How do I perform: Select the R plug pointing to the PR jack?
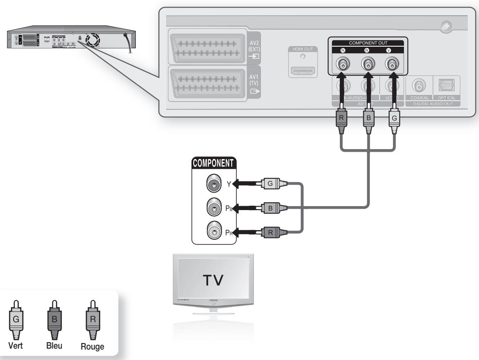pyautogui.click(x=270, y=232)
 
